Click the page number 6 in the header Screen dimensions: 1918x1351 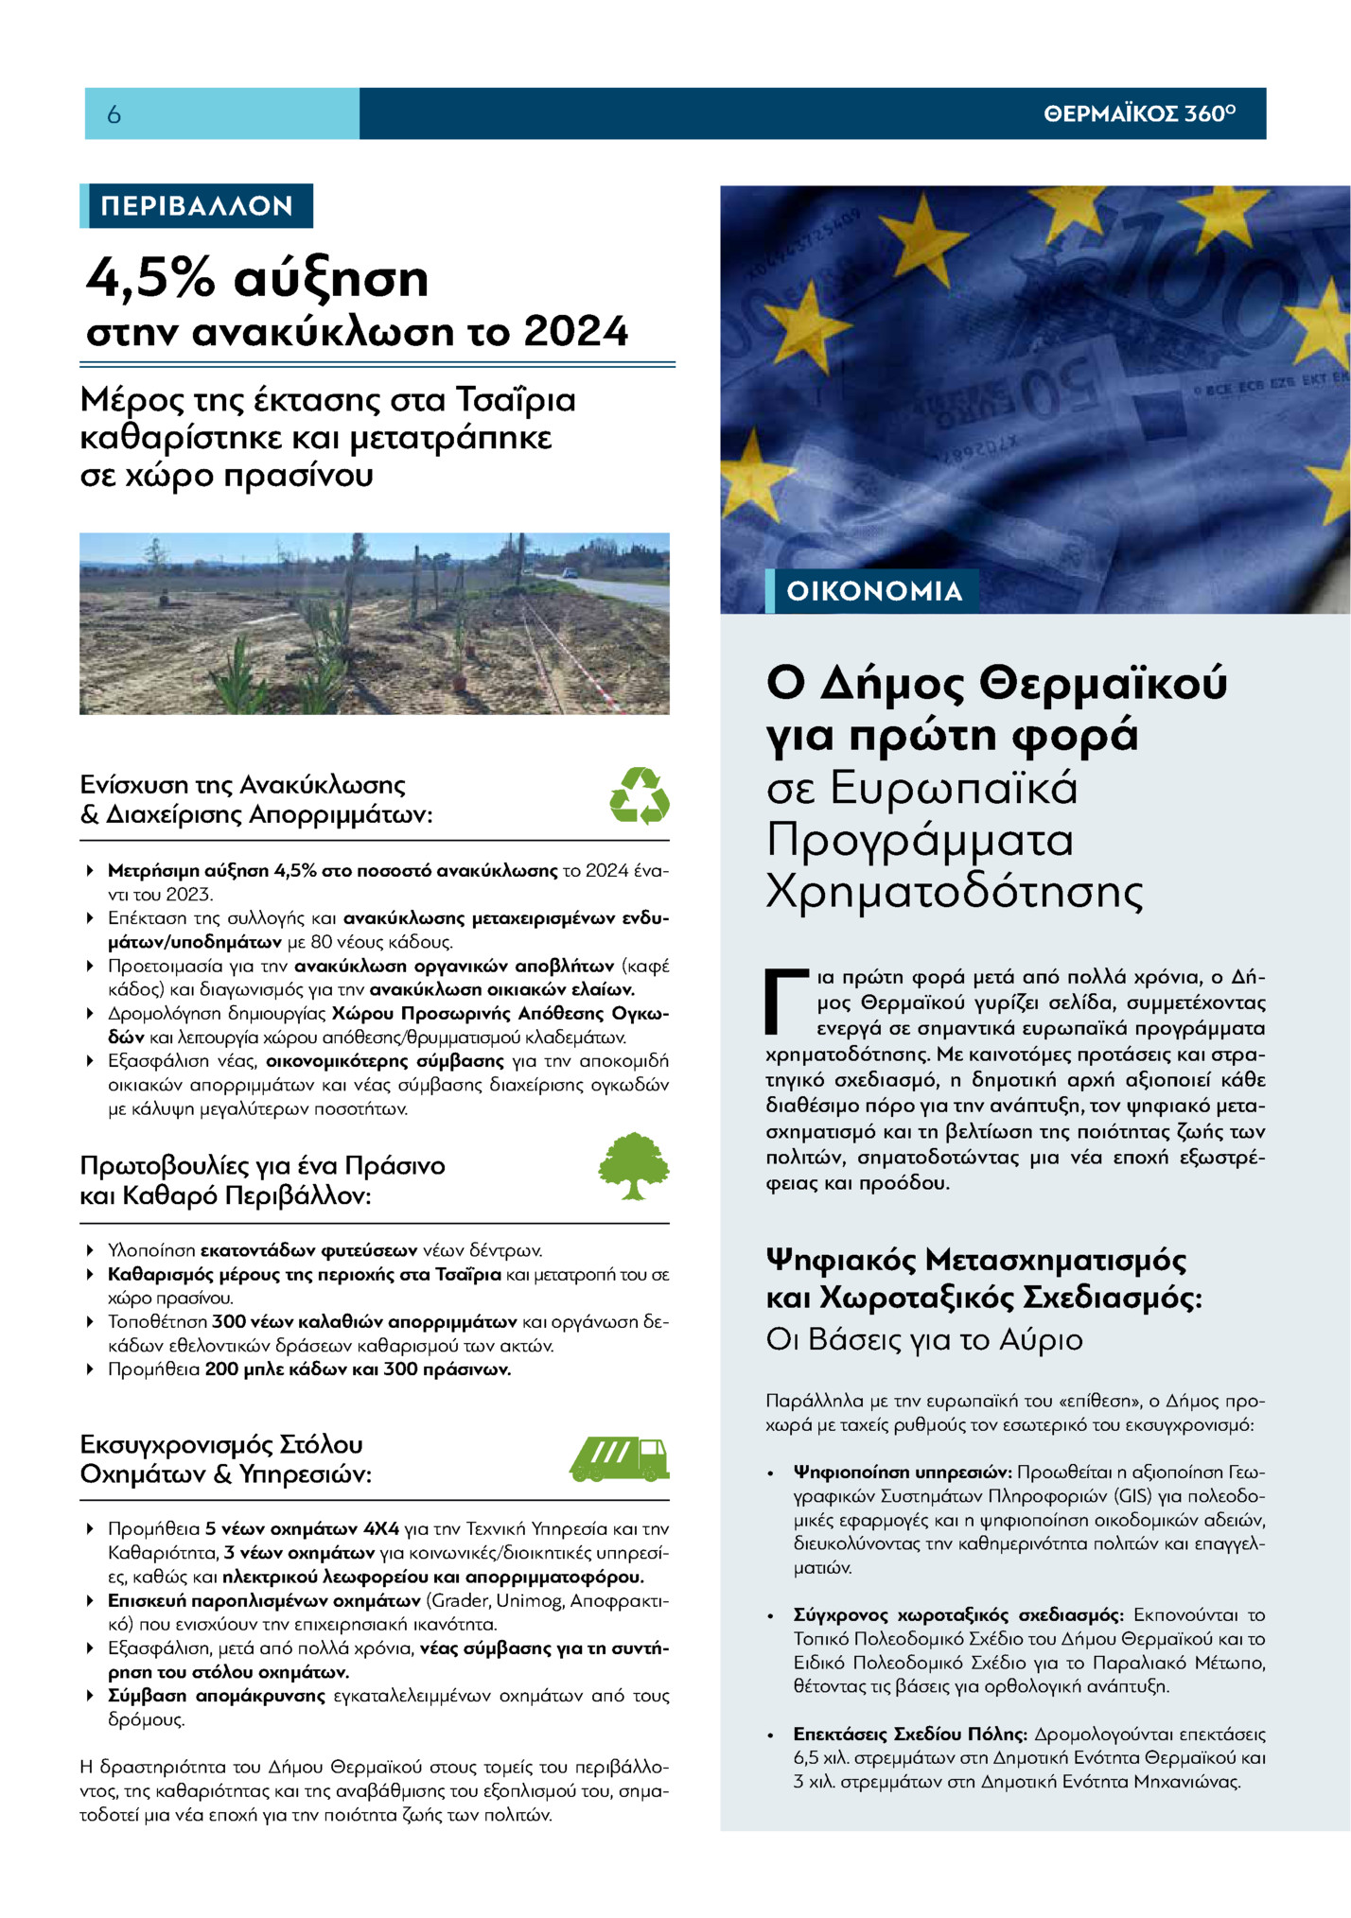click(114, 114)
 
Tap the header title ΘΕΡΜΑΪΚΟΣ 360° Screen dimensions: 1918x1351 click(1139, 113)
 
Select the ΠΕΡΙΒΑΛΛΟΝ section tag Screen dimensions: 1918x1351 click(197, 206)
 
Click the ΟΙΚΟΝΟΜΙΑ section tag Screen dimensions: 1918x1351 click(873, 591)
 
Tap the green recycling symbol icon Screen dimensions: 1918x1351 click(639, 795)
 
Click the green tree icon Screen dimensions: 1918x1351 click(633, 1166)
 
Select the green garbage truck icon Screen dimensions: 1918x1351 click(620, 1459)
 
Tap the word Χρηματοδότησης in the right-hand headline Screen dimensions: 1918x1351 click(955, 890)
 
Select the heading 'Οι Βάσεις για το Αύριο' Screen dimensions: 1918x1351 click(924, 1340)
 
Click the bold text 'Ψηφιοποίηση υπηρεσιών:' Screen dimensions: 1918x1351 click(903, 1473)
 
